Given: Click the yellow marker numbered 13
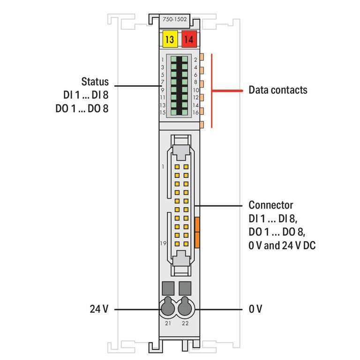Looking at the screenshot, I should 169,40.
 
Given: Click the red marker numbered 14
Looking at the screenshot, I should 188,40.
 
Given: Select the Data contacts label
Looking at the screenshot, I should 277,90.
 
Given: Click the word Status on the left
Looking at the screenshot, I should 95,82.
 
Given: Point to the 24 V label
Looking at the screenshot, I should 99,309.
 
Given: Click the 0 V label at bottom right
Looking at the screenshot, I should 255,309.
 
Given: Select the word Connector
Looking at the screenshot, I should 270,205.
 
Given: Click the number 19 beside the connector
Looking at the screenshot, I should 163,244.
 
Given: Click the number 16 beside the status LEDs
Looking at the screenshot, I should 195,112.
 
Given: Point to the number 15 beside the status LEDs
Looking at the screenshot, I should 162,112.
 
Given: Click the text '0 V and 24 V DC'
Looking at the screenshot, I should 282,245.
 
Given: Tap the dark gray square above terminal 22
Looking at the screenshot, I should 185,287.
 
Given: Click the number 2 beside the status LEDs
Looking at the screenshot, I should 195,60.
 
